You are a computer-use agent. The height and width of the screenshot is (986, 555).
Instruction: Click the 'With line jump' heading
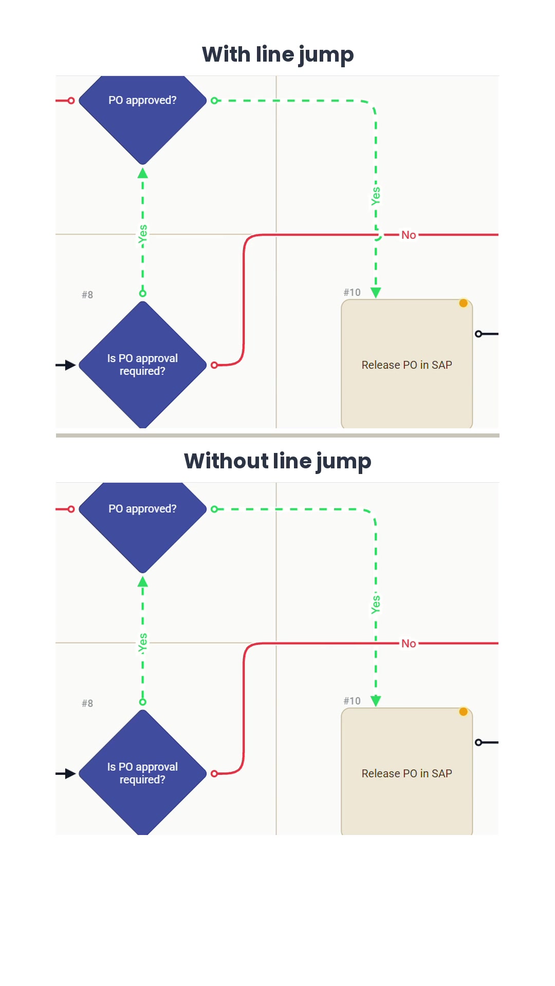tap(277, 55)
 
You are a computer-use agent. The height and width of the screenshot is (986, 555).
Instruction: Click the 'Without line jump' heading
tap(277, 462)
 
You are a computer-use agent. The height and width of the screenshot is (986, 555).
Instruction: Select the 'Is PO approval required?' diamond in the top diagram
tap(142, 365)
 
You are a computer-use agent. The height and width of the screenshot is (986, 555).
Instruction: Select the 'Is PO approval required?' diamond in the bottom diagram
tap(142, 773)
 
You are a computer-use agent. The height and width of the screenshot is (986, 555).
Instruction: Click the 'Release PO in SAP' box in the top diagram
tap(407, 364)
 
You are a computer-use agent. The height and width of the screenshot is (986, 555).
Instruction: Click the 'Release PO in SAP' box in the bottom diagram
tap(407, 772)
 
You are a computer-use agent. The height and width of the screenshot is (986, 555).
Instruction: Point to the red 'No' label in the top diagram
tap(409, 235)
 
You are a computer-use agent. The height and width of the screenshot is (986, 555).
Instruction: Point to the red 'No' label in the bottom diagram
tap(409, 643)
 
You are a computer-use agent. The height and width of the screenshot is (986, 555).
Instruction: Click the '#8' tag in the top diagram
tap(87, 295)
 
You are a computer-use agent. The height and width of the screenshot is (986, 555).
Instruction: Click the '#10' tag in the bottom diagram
tap(352, 701)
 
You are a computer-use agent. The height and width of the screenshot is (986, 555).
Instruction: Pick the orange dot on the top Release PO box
tap(463, 303)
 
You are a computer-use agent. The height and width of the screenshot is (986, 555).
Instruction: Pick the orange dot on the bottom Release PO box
tap(463, 711)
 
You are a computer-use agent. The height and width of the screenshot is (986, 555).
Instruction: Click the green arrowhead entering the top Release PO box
tap(376, 293)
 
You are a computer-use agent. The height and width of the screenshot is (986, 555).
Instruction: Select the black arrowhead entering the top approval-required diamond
tap(71, 365)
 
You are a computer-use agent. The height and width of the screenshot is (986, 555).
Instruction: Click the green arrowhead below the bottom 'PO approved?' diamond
tap(143, 581)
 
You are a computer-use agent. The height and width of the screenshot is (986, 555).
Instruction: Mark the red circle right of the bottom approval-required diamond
tap(214, 773)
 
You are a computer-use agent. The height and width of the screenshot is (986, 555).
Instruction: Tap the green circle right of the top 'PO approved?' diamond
tap(214, 101)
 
